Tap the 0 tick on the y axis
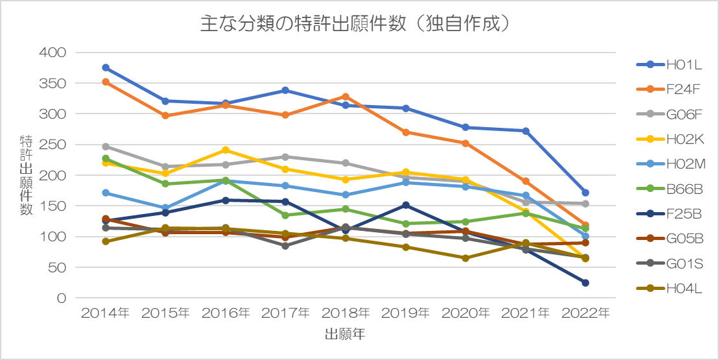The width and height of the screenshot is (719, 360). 61,298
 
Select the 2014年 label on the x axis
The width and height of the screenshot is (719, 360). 105,313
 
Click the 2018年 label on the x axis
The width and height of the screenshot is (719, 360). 346,313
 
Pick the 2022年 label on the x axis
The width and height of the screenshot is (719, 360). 585,313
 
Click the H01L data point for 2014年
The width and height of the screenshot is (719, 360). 106,67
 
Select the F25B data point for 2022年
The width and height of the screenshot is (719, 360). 585,283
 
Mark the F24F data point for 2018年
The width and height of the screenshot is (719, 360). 346,97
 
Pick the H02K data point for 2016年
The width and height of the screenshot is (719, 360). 226,150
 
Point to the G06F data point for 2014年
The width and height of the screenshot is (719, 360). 106,147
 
